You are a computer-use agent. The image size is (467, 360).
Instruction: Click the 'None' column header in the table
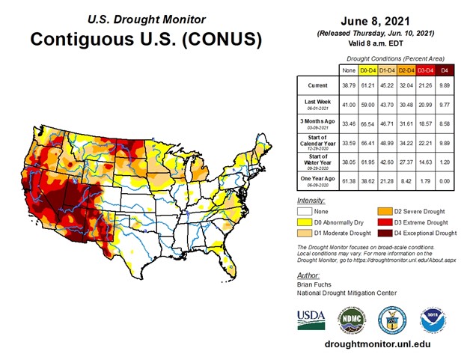pyautogui.click(x=348, y=70)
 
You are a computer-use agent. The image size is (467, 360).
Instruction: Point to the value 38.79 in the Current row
pyautogui.click(x=348, y=87)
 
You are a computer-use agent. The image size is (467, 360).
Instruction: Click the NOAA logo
pyautogui.click(x=433, y=317)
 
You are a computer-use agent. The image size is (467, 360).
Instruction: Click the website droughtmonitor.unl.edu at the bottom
pyautogui.click(x=379, y=345)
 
